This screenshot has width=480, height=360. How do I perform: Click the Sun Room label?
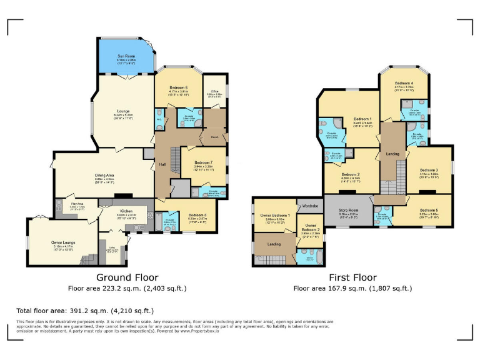pyautogui.click(x=126, y=57)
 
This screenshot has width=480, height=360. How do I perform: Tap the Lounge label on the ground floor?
pyautogui.click(x=123, y=111)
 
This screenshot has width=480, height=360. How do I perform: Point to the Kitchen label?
pyautogui.click(x=126, y=211)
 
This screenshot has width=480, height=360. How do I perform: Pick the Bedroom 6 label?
pyautogui.click(x=178, y=87)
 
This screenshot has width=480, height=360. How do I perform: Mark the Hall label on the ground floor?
pyautogui.click(x=162, y=164)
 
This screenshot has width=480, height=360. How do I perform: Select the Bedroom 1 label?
pyautogui.click(x=362, y=119)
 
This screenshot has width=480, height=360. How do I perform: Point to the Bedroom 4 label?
pyautogui.click(x=404, y=83)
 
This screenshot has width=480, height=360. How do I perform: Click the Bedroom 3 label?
pyautogui.click(x=428, y=170)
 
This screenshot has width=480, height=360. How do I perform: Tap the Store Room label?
pyautogui.click(x=349, y=210)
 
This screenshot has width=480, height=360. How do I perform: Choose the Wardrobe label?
pyautogui.click(x=310, y=205)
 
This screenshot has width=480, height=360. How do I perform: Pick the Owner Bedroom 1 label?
pyautogui.click(x=276, y=216)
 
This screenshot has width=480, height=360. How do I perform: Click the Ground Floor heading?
pyautogui.click(x=127, y=277)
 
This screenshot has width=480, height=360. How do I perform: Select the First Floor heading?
pyautogui.click(x=353, y=277)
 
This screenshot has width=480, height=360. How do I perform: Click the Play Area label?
pyautogui.click(x=77, y=203)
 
